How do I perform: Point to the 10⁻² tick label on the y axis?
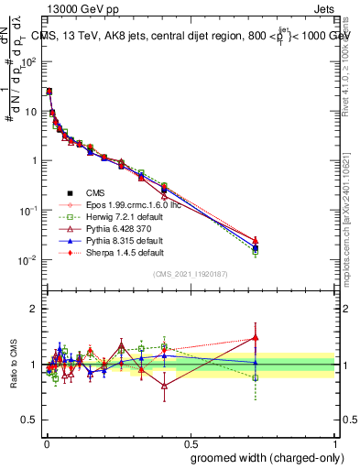pos(28,260)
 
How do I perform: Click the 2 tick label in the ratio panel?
pos(35,309)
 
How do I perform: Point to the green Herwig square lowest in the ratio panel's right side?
pos(256,377)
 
